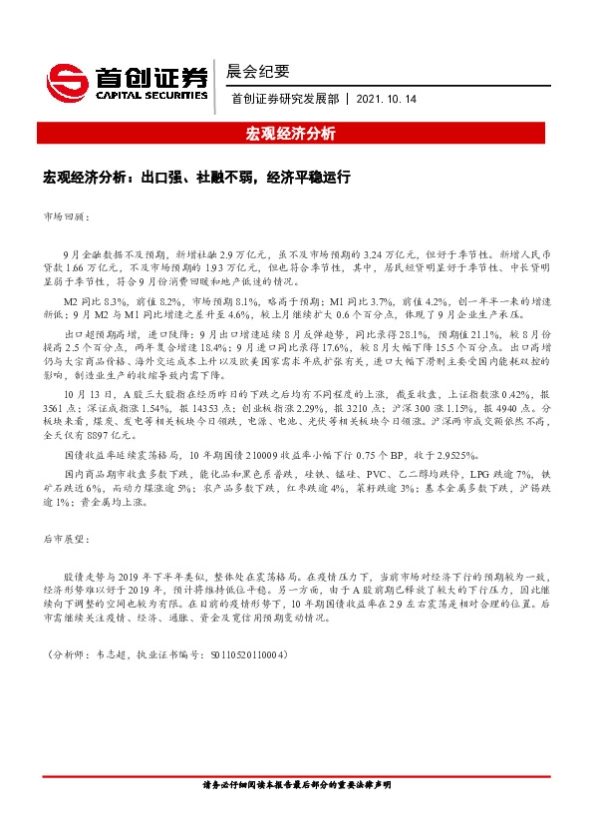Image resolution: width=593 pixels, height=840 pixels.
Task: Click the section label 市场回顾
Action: click(67, 216)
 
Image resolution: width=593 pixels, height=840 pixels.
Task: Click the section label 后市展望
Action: click(67, 540)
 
